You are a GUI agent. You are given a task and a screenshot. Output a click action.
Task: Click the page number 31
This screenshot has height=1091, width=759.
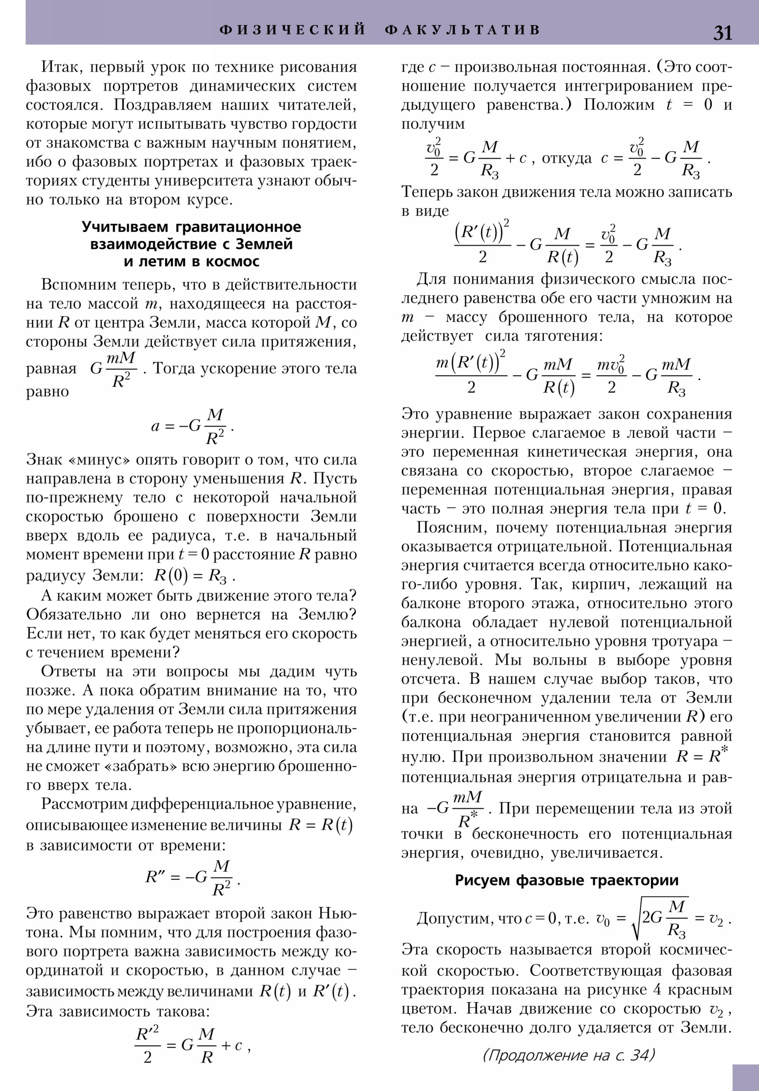722,33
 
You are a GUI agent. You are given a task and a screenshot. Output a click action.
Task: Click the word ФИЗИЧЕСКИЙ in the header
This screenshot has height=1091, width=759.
293,30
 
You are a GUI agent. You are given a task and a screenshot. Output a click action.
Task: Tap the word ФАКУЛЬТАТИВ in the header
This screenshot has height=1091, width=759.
463,30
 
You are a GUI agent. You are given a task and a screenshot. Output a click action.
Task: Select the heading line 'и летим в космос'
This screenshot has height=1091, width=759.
192,261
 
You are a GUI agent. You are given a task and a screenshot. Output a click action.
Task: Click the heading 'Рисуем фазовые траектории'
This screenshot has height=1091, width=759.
566,880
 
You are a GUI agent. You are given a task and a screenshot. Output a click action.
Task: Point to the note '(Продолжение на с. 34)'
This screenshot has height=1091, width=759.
568,1055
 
